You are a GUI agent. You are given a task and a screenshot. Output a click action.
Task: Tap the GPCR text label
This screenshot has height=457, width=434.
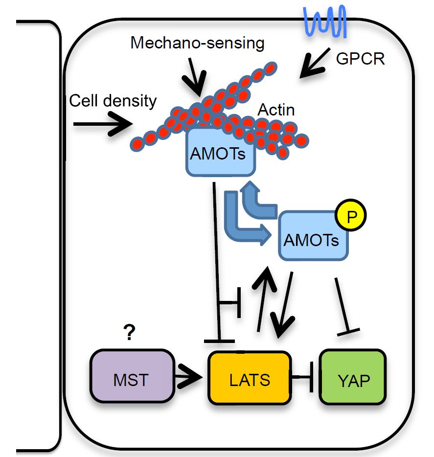pyautogui.click(x=361, y=59)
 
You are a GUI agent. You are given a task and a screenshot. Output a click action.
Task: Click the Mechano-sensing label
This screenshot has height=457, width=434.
pyautogui.click(x=197, y=44)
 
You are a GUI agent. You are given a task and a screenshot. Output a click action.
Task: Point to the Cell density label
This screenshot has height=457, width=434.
pyautogui.click(x=113, y=101)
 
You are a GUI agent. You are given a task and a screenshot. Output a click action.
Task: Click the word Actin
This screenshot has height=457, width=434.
pyautogui.click(x=276, y=110)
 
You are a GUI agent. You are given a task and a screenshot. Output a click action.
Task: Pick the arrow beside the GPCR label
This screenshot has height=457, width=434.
pyautogui.click(x=315, y=68)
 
